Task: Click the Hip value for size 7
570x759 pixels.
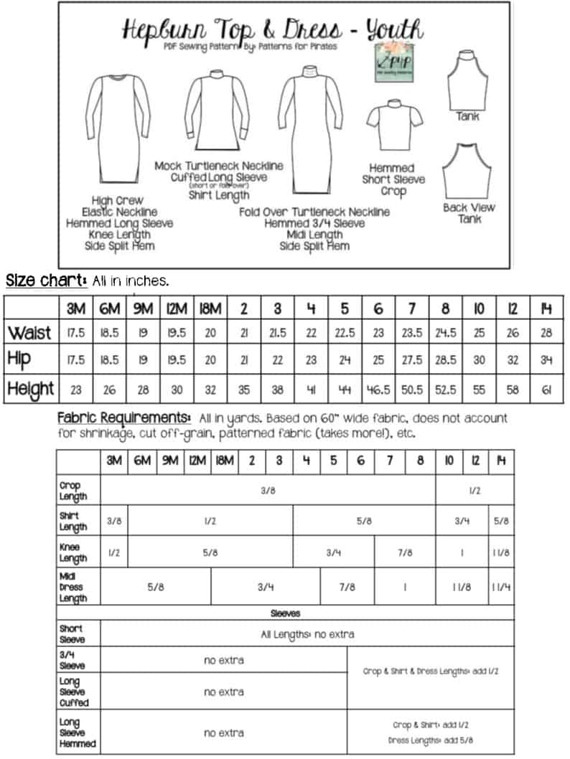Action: pos(412,361)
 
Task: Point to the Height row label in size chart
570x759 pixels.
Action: pos(31,389)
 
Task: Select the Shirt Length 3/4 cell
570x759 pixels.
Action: pos(462,522)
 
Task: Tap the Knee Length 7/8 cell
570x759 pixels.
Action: pos(405,553)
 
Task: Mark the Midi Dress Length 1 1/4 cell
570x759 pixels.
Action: pos(501,587)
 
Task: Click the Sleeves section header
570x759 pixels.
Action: pos(286,613)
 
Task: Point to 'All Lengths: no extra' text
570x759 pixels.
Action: pos(307,634)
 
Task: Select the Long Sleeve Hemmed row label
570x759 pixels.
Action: pos(78,733)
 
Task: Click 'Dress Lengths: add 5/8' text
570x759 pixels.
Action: pos(431,740)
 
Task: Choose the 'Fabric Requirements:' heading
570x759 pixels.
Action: pos(123,418)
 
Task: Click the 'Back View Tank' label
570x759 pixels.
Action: pos(469,213)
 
